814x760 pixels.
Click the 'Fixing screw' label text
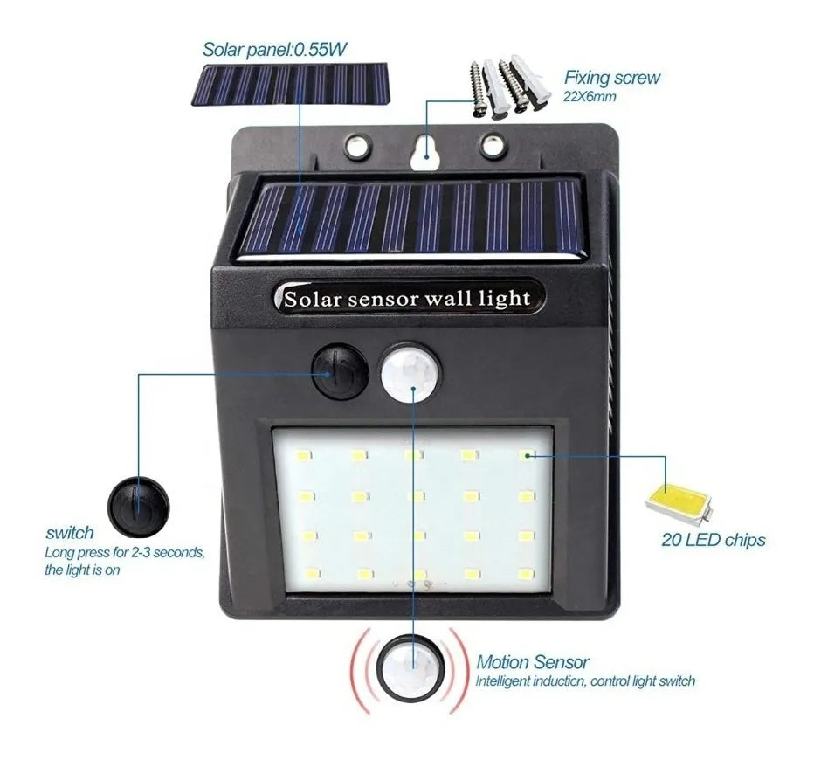pyautogui.click(x=611, y=78)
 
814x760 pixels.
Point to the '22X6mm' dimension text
pyautogui.click(x=590, y=96)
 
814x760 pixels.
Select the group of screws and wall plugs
pyautogui.click(x=510, y=87)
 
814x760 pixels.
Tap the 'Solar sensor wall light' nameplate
pyautogui.click(x=407, y=299)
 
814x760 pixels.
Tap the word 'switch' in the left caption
pyautogui.click(x=69, y=533)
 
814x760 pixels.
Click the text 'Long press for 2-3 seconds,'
pyautogui.click(x=125, y=552)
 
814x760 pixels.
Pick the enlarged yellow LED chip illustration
pyautogui.click(x=678, y=501)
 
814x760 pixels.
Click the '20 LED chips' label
pyautogui.click(x=713, y=540)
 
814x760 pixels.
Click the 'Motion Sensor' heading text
pyautogui.click(x=533, y=662)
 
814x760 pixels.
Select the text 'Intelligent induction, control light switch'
pyautogui.click(x=585, y=681)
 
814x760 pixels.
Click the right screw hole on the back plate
pyautogui.click(x=492, y=144)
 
